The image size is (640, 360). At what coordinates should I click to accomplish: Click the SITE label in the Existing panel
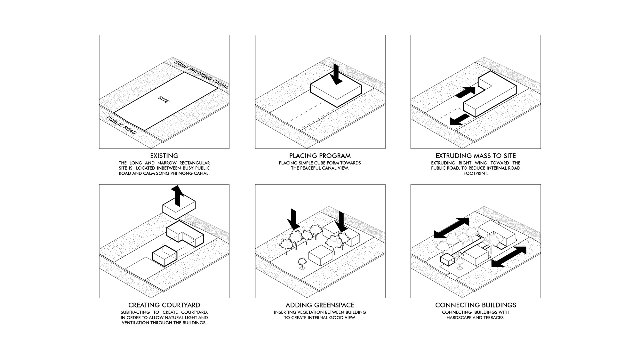click(x=164, y=100)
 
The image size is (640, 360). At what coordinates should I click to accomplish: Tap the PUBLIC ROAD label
click(x=122, y=125)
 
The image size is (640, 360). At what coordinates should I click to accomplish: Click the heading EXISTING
click(x=164, y=156)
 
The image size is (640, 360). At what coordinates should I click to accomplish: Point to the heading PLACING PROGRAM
click(x=320, y=156)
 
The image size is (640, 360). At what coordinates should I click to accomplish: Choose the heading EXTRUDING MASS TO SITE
click(x=476, y=156)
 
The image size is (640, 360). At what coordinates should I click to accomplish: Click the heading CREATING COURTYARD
click(x=164, y=305)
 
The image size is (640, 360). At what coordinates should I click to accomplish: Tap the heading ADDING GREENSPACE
click(x=320, y=305)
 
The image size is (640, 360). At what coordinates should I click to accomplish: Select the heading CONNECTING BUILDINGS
click(x=476, y=305)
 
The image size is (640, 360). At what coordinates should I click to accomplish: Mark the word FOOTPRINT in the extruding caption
click(x=476, y=173)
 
